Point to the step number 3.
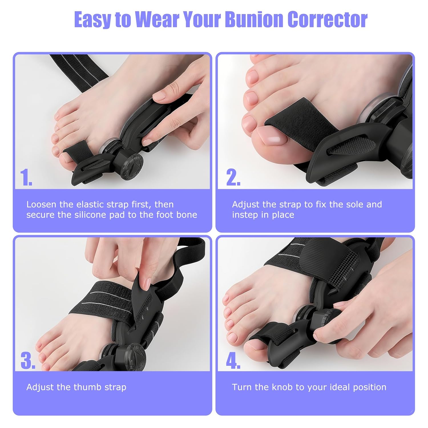pyautogui.click(x=28, y=361)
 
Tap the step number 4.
pyautogui.click(x=233, y=361)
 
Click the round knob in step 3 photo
pyautogui.click(x=135, y=354)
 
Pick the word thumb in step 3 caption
pyautogui.click(x=87, y=387)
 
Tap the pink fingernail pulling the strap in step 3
pyautogui.click(x=147, y=284)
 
